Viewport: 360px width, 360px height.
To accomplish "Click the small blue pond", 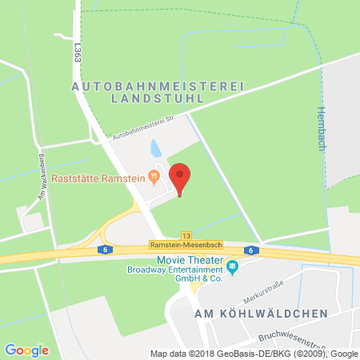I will point(155,147).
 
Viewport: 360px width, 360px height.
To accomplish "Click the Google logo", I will point(26,349).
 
